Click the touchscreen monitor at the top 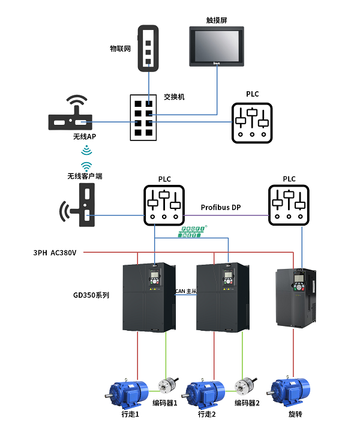click(217, 46)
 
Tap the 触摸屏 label click(217, 19)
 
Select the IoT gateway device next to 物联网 click(148, 48)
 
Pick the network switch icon click(143, 117)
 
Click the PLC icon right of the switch click(253, 122)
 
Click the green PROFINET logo click(194, 232)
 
